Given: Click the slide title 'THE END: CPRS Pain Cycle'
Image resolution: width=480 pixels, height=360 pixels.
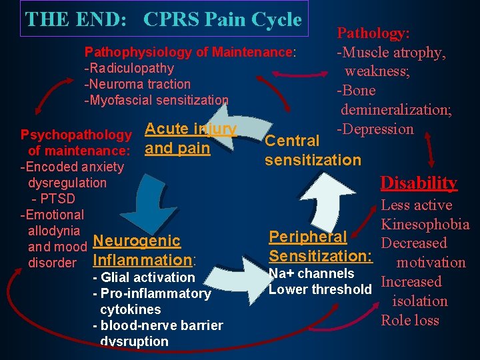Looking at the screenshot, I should pyautogui.click(x=163, y=19).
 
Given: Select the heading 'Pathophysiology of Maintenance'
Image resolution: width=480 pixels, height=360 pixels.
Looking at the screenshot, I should pyautogui.click(x=189, y=52).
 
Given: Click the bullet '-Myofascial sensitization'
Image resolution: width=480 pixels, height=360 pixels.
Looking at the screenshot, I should pyautogui.click(x=156, y=100).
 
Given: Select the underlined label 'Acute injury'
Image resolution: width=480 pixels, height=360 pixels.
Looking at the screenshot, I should pyautogui.click(x=191, y=129).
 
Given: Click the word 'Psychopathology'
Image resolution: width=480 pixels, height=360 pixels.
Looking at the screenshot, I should pyautogui.click(x=76, y=135).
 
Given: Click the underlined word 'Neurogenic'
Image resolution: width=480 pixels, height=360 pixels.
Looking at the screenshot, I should pyautogui.click(x=137, y=241).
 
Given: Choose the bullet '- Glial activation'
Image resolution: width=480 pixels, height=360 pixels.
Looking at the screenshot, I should pyautogui.click(x=144, y=277).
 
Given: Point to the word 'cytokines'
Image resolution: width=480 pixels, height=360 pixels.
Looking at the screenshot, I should pyautogui.click(x=130, y=309).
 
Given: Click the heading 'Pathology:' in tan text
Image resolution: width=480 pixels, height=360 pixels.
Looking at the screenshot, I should pyautogui.click(x=373, y=33).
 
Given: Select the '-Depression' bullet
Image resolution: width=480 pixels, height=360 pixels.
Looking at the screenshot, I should pyautogui.click(x=375, y=129).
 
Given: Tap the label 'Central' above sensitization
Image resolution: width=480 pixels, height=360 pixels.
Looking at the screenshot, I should pyautogui.click(x=292, y=141).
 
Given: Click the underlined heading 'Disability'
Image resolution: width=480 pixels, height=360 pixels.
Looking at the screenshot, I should pyautogui.click(x=418, y=183).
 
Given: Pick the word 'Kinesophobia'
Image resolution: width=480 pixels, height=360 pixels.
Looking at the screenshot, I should pyautogui.click(x=425, y=225).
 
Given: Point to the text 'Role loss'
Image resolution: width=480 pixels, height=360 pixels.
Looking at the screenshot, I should pyautogui.click(x=410, y=321).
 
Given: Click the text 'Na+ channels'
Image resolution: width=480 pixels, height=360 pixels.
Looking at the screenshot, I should pyautogui.click(x=311, y=274).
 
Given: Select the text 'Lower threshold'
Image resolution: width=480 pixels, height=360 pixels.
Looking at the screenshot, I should pyautogui.click(x=320, y=289).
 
